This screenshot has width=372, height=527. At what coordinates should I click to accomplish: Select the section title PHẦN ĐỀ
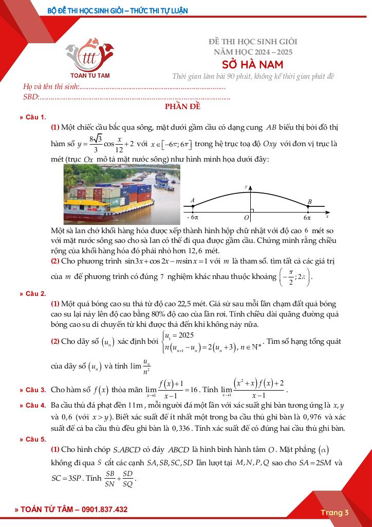[x=182, y=107]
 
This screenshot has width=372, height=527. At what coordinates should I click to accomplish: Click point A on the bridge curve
[x=193, y=206]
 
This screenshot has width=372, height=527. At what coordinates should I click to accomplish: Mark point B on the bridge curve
[x=308, y=207]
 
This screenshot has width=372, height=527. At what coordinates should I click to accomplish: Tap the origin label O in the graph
[x=246, y=218]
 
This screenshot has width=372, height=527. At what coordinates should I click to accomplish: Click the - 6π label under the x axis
[x=192, y=218]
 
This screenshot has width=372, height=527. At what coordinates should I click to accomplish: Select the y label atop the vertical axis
[x=246, y=186]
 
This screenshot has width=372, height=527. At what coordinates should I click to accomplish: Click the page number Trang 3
[x=335, y=512]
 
